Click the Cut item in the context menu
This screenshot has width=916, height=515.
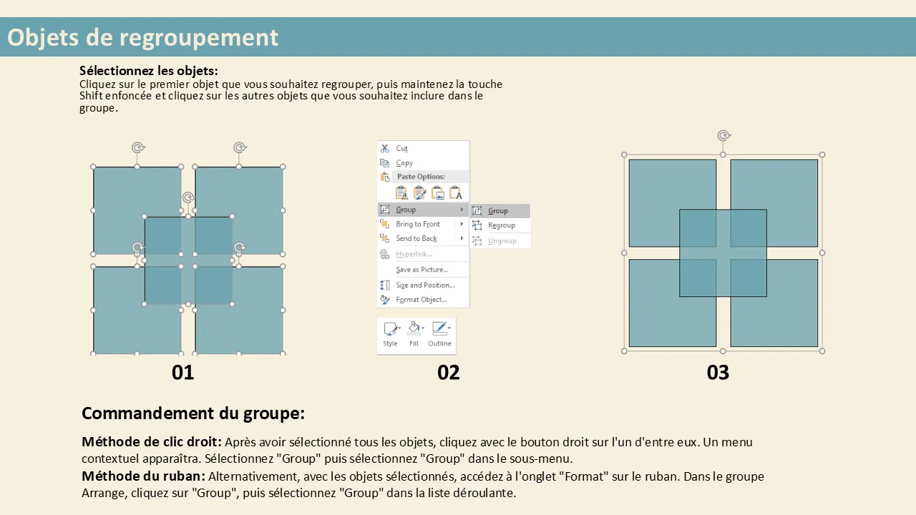pyautogui.click(x=401, y=148)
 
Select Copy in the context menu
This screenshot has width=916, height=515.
pyautogui.click(x=404, y=162)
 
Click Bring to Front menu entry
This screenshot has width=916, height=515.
pyautogui.click(x=417, y=224)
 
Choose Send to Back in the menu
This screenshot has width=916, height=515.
pyautogui.click(x=416, y=238)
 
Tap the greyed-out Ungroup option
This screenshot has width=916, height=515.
pyautogui.click(x=502, y=241)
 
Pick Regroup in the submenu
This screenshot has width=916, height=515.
pyautogui.click(x=502, y=225)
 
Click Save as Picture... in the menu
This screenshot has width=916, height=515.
pyautogui.click(x=422, y=270)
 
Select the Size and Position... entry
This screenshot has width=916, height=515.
pyautogui.click(x=425, y=285)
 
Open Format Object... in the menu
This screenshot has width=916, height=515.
pyautogui.click(x=422, y=300)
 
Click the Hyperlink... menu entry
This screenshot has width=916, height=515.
pyautogui.click(x=414, y=254)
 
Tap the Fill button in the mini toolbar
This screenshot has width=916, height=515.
pyautogui.click(x=414, y=334)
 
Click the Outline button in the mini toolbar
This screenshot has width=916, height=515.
pyautogui.click(x=439, y=334)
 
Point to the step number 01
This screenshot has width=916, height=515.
pyautogui.click(x=182, y=373)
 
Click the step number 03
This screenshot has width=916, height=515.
pyautogui.click(x=718, y=373)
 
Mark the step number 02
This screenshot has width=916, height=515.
pyautogui.click(x=448, y=373)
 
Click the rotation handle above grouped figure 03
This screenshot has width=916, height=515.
pyautogui.click(x=723, y=135)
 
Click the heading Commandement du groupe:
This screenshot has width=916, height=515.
pyautogui.click(x=193, y=413)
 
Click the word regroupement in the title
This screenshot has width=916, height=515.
pyautogui.click(x=199, y=39)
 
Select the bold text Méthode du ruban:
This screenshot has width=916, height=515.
pyautogui.click(x=144, y=476)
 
